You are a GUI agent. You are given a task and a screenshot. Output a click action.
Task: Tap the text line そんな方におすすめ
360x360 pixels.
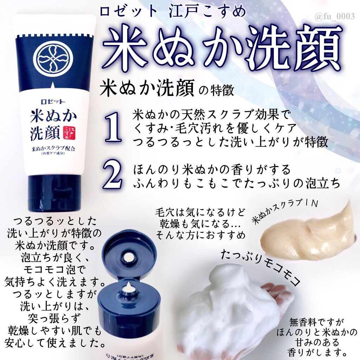200,234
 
